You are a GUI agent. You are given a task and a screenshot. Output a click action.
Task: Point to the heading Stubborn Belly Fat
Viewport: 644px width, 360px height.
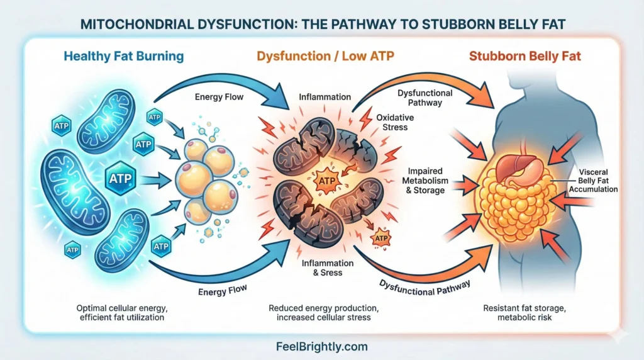point(525,56)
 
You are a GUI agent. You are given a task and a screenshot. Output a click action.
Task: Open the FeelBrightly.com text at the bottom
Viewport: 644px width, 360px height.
point(321,346)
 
